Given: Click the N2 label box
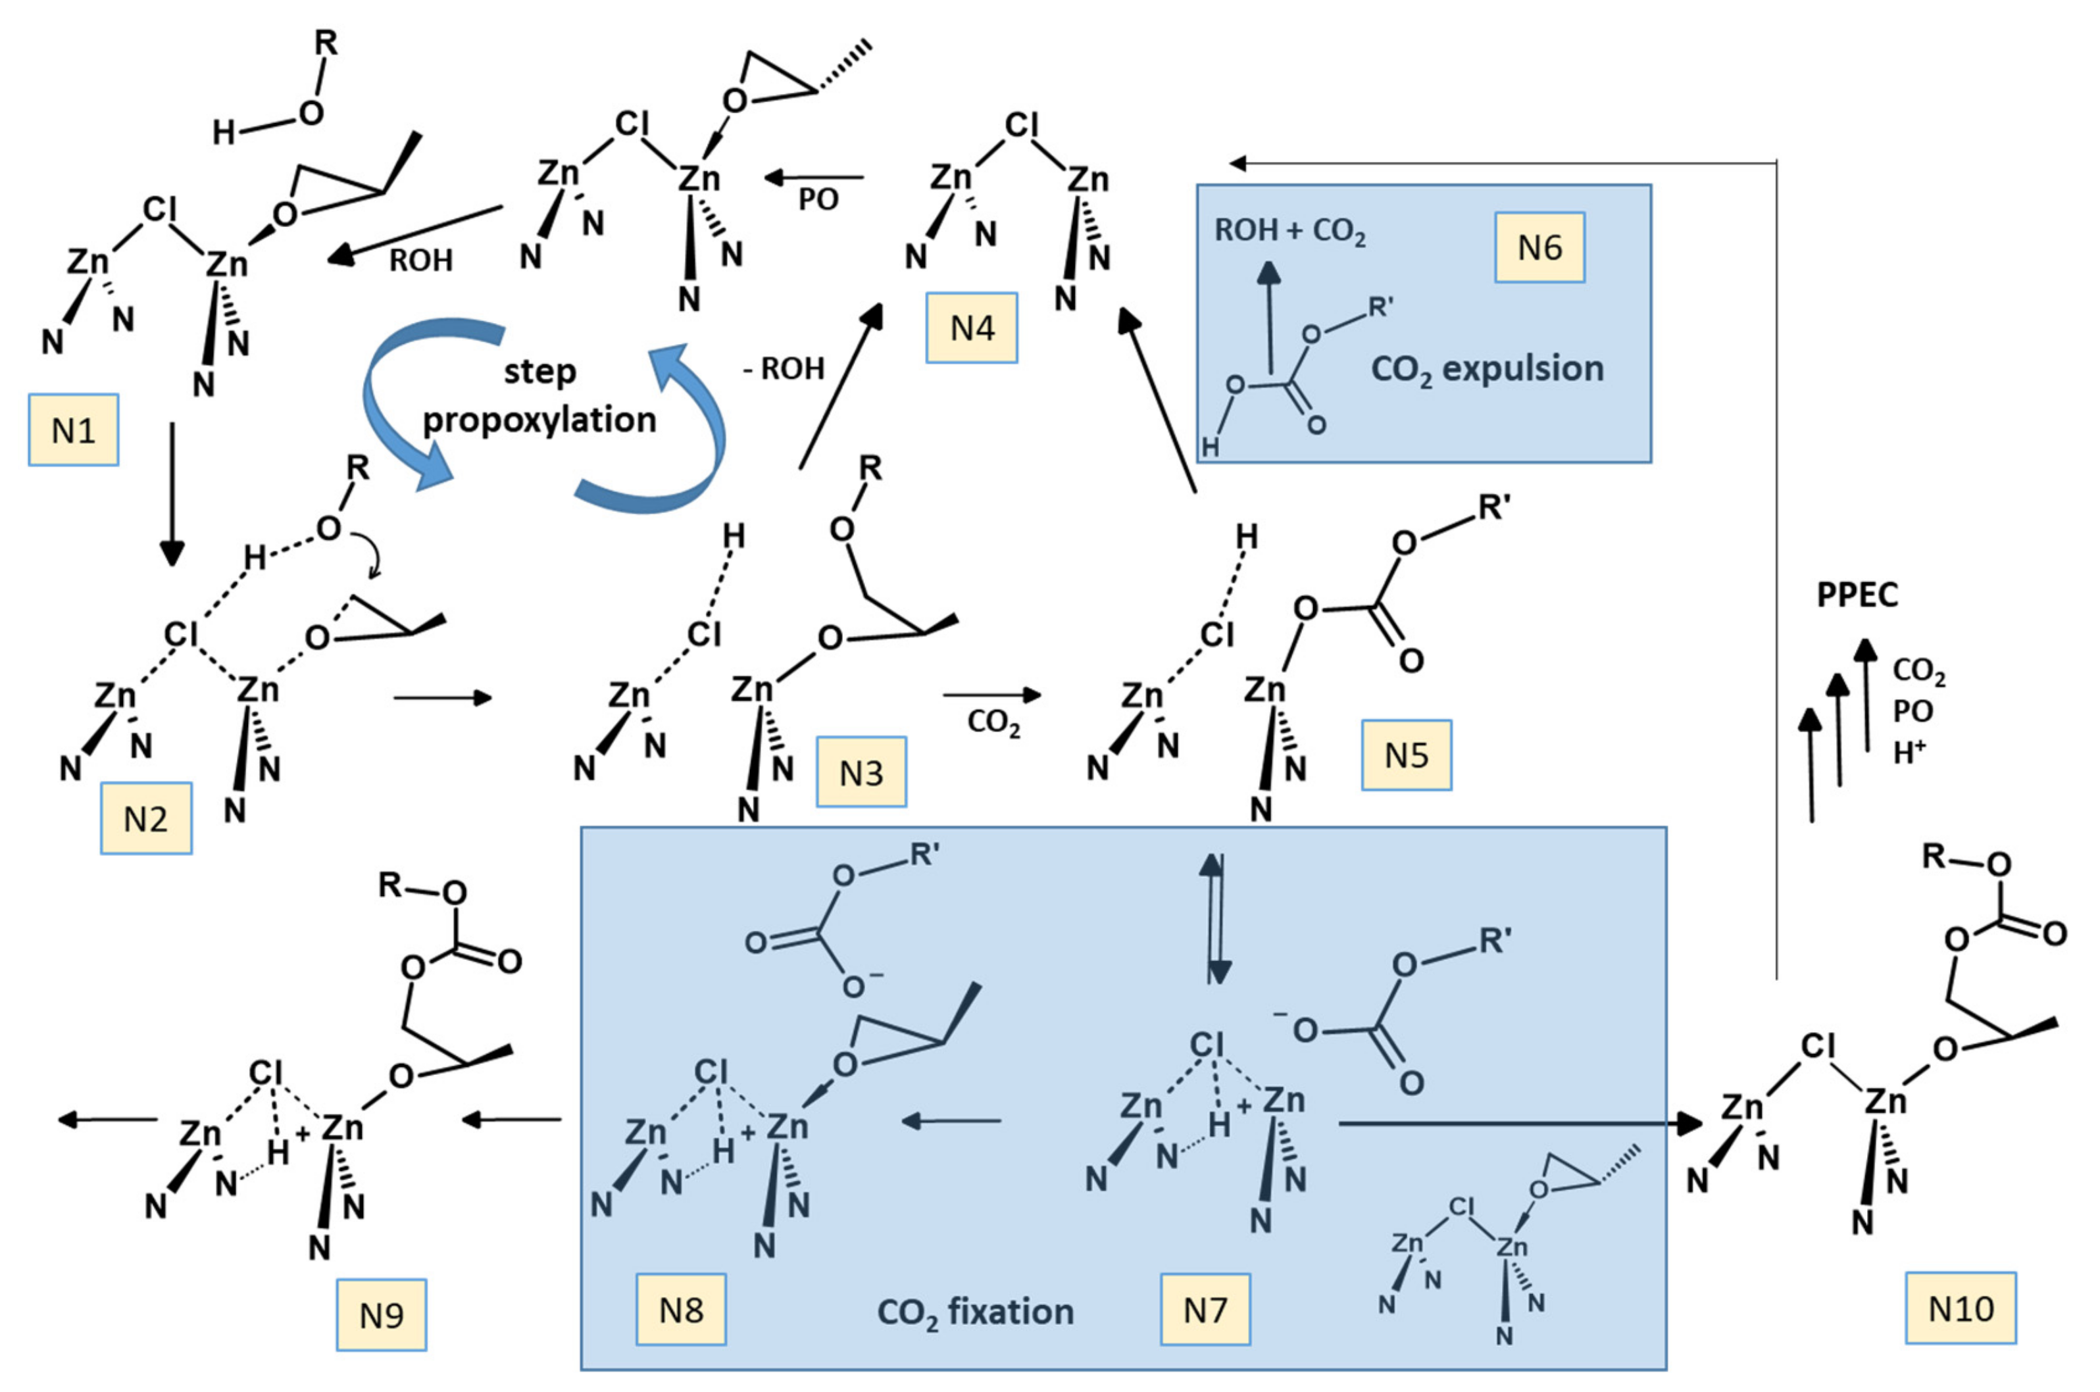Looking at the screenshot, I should coord(147,818).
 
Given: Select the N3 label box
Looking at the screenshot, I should coord(861,772).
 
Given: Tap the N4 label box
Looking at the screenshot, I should coord(972,328).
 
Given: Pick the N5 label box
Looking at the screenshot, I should coord(1407,755).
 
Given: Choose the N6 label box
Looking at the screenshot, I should coord(1539,248).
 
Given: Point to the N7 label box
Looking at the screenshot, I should coord(1205,1309).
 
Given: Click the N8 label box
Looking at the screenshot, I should coord(681,1309).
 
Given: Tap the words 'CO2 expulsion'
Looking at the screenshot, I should coord(1487,369).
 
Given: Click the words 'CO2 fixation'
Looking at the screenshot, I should coord(974,1312).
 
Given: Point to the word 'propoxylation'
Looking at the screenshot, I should coord(539,420).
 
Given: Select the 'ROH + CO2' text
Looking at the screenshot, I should coord(1289,232).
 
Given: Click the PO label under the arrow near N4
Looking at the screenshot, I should coord(818,200).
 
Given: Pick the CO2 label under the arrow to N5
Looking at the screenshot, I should coord(993,724).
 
